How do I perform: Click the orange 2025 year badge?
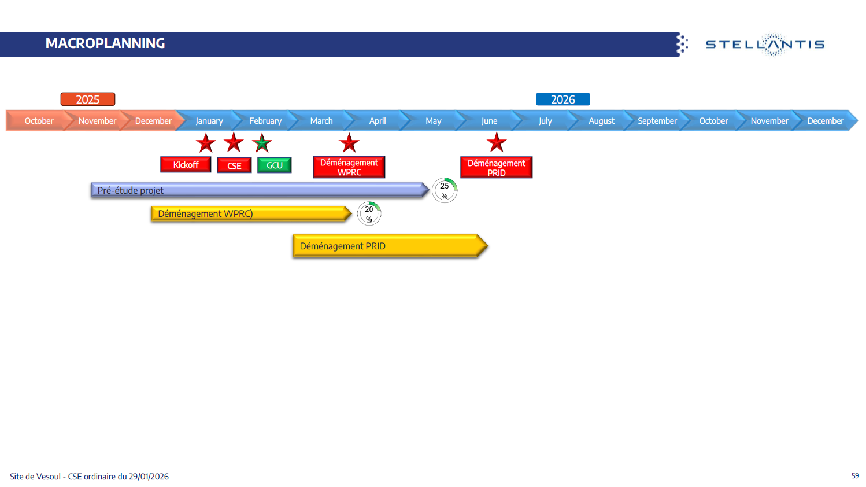click(88, 99)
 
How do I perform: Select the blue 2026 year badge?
click(562, 99)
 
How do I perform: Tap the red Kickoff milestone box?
click(186, 165)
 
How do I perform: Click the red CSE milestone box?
click(234, 165)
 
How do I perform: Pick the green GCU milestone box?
click(274, 165)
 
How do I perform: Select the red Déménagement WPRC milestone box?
click(349, 167)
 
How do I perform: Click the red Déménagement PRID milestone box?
click(496, 168)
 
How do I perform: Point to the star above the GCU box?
click(262, 142)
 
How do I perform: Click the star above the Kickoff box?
click(206, 142)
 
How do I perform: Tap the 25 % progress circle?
click(445, 190)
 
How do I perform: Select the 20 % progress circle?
click(369, 213)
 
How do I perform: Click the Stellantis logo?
click(765, 45)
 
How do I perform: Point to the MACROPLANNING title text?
click(105, 43)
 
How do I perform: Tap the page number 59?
click(855, 475)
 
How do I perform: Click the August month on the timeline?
click(601, 121)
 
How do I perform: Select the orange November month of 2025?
click(97, 121)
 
